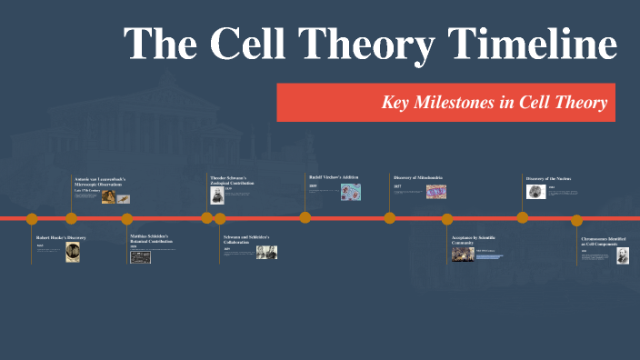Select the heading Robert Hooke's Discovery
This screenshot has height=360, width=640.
click(61, 237)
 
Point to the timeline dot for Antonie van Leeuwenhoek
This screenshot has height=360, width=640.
click(71, 218)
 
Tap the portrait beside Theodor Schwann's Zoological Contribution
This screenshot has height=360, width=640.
click(217, 191)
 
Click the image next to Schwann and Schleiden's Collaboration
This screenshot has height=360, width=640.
click(266, 253)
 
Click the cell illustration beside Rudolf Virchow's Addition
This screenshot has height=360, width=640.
click(350, 191)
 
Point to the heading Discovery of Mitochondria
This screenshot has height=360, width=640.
click(418, 177)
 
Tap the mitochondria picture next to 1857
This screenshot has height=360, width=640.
click(435, 192)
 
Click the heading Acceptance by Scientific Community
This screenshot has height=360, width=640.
click(474, 240)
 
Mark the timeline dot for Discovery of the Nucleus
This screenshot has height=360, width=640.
click(523, 217)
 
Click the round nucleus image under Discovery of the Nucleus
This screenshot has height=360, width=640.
click(535, 192)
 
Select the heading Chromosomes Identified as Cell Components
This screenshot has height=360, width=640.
click(605, 243)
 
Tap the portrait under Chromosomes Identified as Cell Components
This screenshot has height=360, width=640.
click(623, 257)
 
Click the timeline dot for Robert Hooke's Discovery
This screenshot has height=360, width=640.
click(32, 218)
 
